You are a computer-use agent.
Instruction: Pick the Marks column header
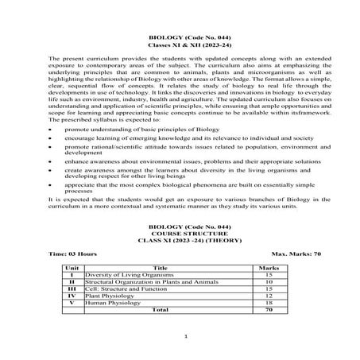click(269, 268)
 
